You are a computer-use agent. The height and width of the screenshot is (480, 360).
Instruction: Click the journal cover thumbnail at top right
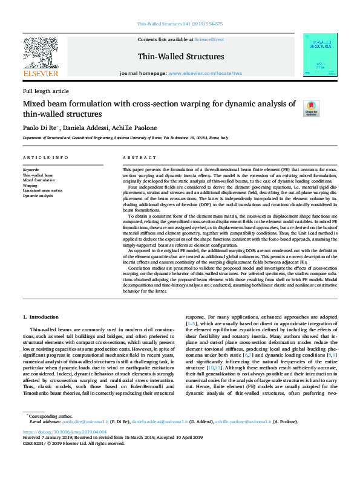[320, 55]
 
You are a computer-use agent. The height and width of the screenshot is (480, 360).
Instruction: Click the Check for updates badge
[311, 108]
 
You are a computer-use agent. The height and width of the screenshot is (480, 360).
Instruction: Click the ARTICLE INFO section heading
[45, 157]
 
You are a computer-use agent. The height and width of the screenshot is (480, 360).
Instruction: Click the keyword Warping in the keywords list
[31, 185]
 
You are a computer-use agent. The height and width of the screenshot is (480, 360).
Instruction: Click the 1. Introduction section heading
[42, 317]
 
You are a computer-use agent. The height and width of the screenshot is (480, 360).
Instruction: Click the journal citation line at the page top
[180, 24]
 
